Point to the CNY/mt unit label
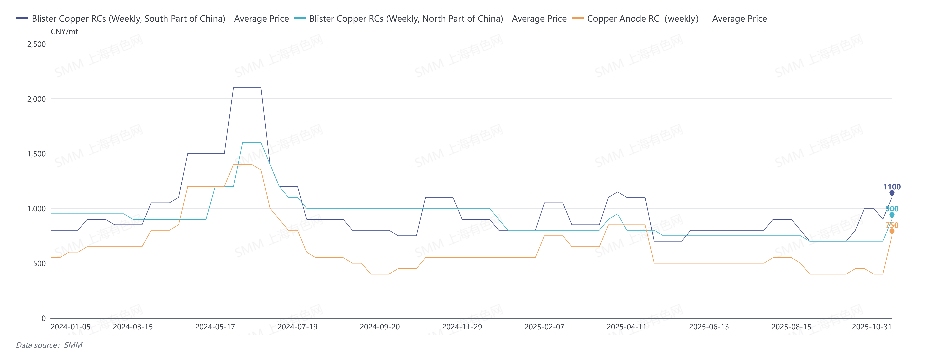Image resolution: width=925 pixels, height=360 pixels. click(64, 32)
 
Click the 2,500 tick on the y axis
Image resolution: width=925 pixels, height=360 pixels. click(37, 44)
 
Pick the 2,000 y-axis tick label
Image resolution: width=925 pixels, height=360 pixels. click(37, 99)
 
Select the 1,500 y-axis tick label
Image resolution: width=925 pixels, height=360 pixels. click(37, 154)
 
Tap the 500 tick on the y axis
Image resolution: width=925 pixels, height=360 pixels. click(39, 263)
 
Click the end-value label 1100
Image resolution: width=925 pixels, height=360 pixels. click(892, 187)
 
